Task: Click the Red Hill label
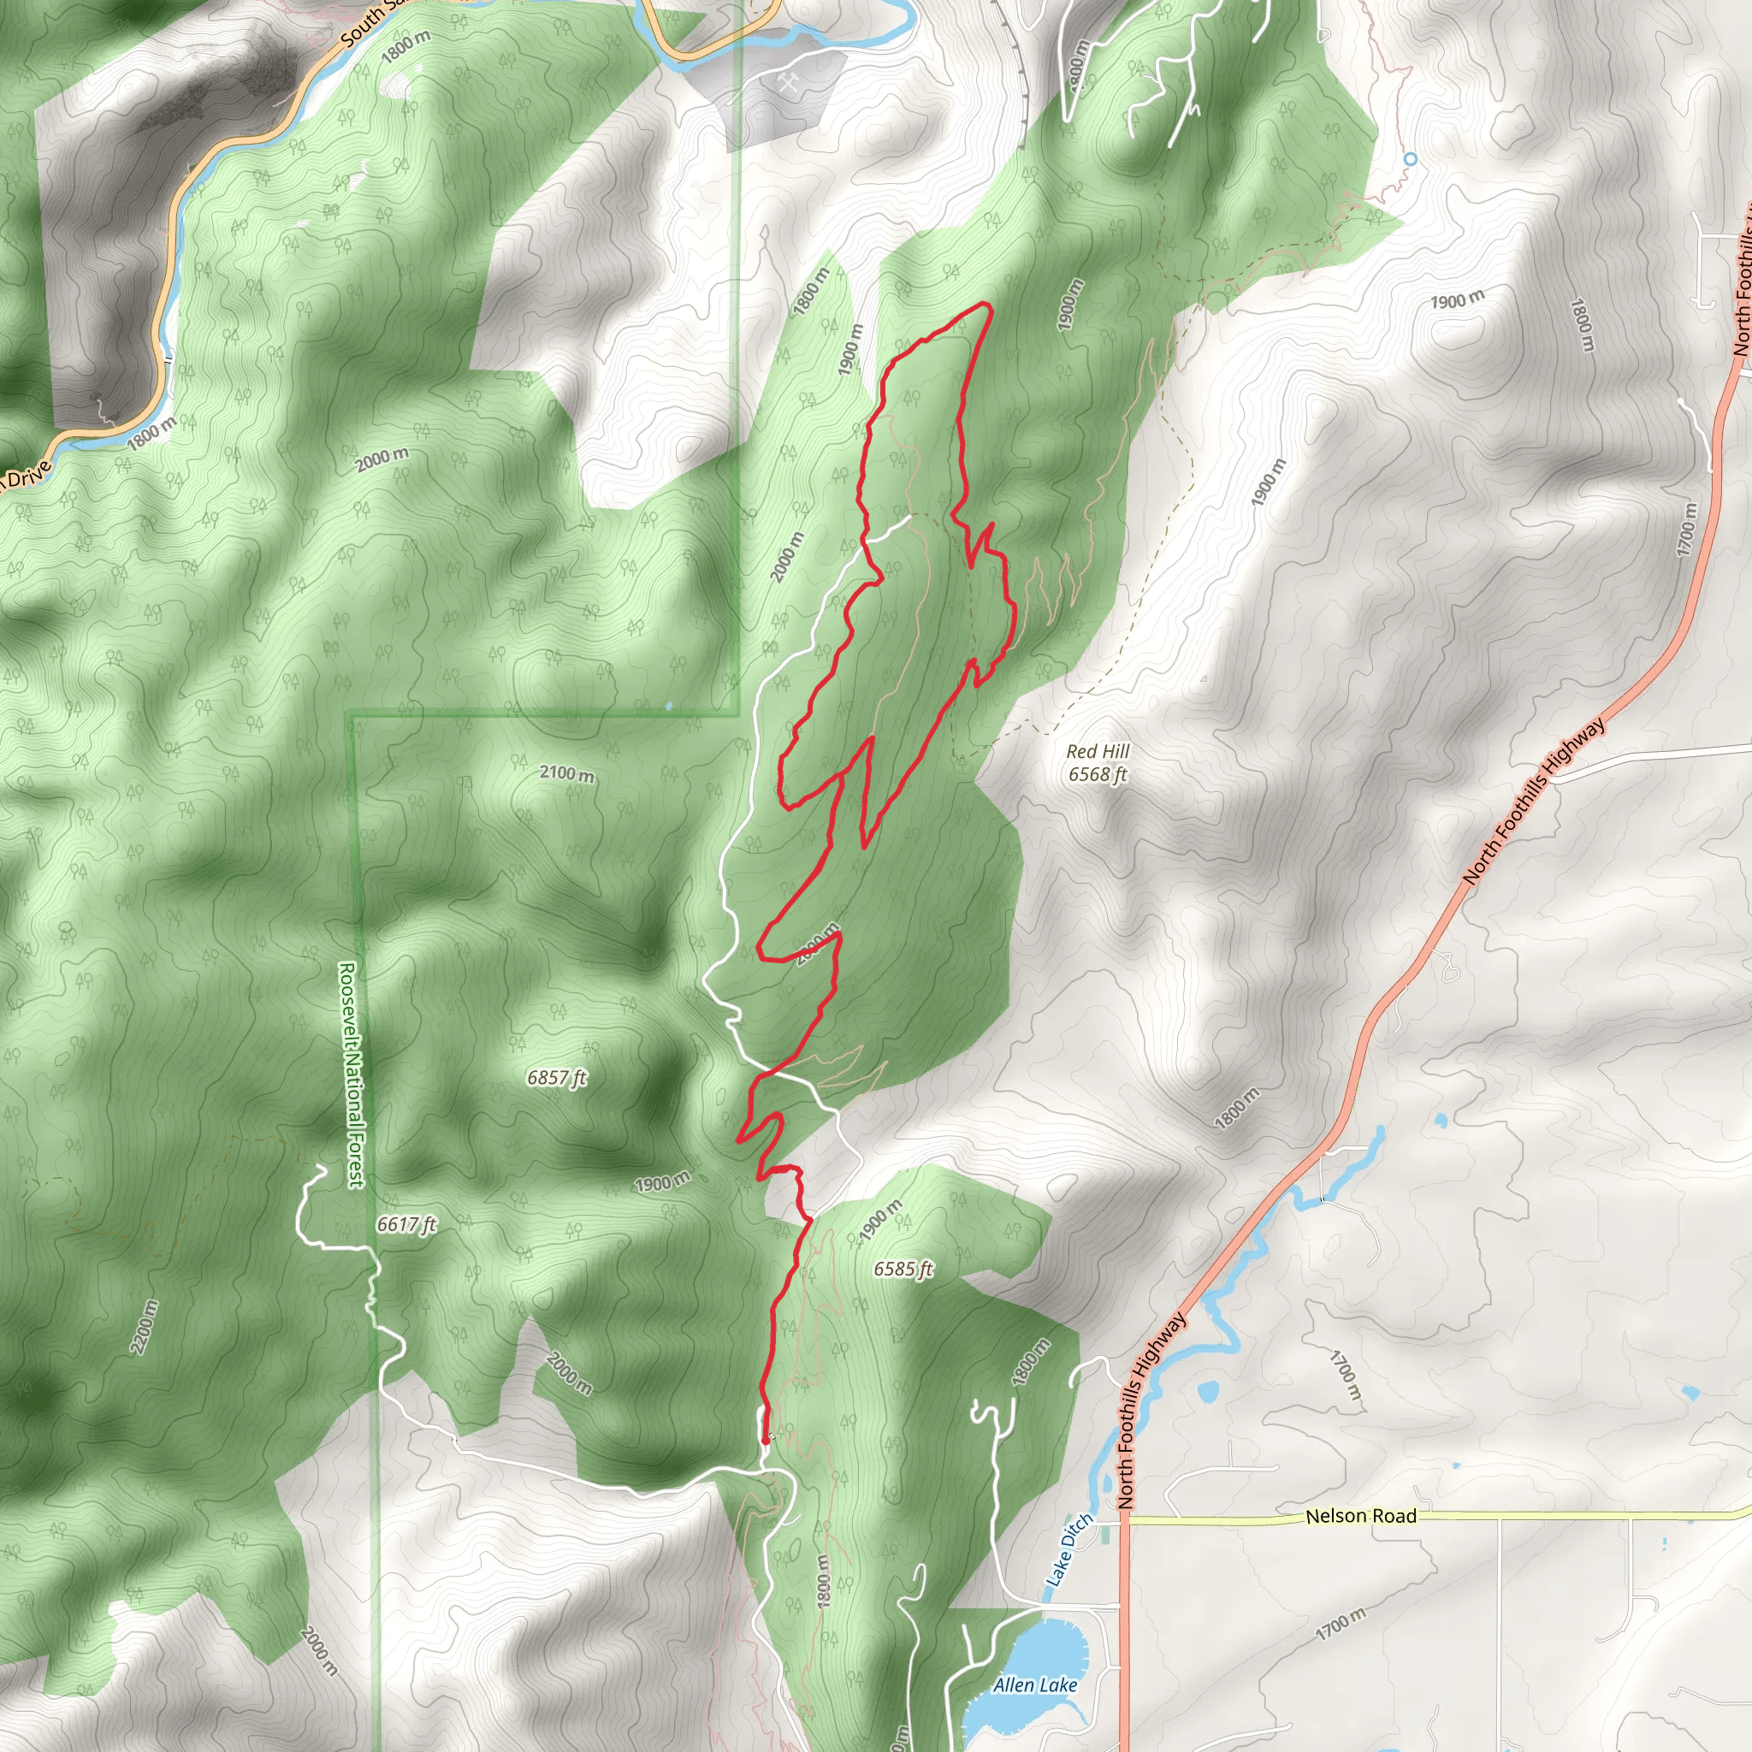(1098, 751)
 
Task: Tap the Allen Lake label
(1035, 1685)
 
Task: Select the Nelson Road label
(1360, 1516)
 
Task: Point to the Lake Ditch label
(1069, 1550)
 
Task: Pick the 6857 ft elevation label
(557, 1077)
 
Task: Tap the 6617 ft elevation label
(406, 1224)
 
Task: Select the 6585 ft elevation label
(903, 1269)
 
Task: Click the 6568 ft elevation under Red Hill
(1098, 774)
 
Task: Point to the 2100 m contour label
(567, 773)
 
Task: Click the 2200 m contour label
(145, 1328)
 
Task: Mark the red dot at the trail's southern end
(766, 1439)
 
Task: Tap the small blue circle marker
(1410, 159)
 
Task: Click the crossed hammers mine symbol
(786, 84)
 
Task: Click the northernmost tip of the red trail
(986, 306)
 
